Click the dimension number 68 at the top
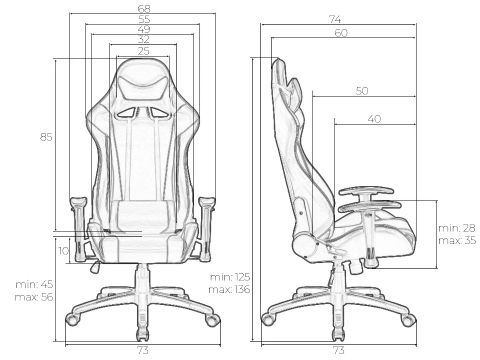pyautogui.click(x=144, y=9)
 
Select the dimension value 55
pyautogui.click(x=144, y=20)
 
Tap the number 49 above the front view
pyautogui.click(x=144, y=29)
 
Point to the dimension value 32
pyautogui.click(x=144, y=40)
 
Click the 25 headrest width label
pyautogui.click(x=144, y=51)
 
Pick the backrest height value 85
pyautogui.click(x=46, y=137)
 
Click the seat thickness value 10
pyautogui.click(x=64, y=251)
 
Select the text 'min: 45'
pyautogui.click(x=34, y=284)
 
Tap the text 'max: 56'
pyautogui.click(x=34, y=297)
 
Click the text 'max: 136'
pyautogui.click(x=229, y=290)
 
